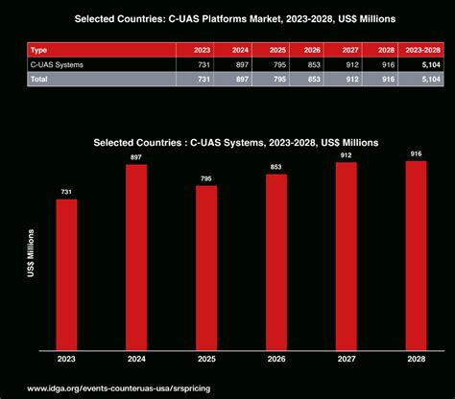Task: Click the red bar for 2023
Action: click(66, 273)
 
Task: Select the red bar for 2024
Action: click(136, 256)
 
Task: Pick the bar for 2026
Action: click(276, 261)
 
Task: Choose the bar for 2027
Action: click(347, 255)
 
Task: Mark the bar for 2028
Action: click(417, 254)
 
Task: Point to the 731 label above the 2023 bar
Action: click(66, 192)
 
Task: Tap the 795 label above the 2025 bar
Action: click(206, 178)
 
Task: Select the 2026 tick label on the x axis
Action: click(276, 360)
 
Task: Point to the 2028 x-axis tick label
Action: click(417, 360)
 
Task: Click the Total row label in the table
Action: click(41, 78)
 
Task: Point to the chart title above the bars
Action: click(235, 141)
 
